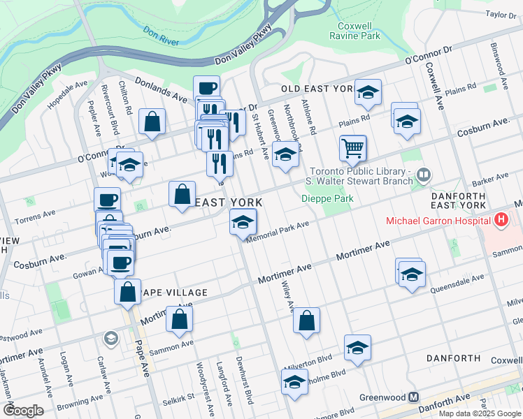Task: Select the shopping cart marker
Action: point(353,147)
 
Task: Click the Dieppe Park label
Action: point(327,198)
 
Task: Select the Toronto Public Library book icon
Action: point(423,175)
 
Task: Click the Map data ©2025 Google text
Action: point(480,413)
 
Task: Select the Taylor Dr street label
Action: point(501,14)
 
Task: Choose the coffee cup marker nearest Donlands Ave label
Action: point(206,87)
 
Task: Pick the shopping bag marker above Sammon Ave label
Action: point(180,320)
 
